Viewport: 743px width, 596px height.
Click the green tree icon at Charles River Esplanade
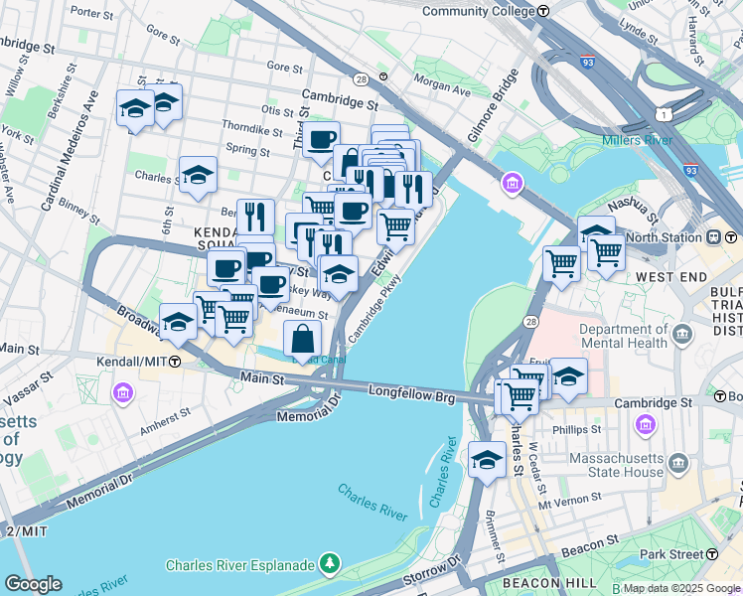click(x=330, y=565)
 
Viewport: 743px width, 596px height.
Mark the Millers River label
click(x=637, y=140)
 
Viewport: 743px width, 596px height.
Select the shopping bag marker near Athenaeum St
click(x=303, y=338)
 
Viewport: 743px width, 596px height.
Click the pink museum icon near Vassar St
click(x=122, y=393)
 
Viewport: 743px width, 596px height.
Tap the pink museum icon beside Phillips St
click(x=646, y=425)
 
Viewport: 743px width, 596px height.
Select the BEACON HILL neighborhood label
click(x=551, y=582)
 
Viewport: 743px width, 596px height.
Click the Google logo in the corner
click(x=33, y=584)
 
